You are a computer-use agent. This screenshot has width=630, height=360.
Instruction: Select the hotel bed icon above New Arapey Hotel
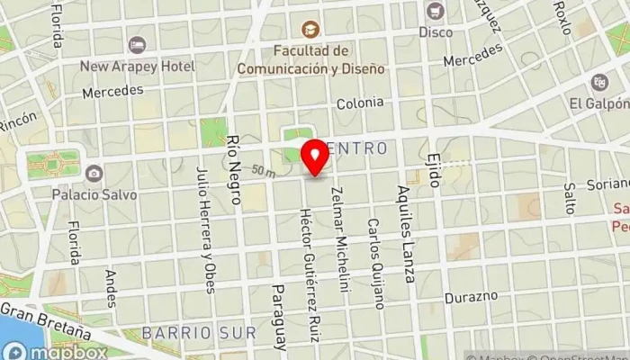point(137,44)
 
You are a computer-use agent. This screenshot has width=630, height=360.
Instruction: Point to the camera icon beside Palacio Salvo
point(94,173)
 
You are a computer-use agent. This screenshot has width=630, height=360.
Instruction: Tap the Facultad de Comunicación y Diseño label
point(310,58)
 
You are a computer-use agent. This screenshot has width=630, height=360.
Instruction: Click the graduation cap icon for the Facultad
point(310,29)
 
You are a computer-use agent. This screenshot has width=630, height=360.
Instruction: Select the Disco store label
point(436,31)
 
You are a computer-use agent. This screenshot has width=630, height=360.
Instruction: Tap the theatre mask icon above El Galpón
point(599,83)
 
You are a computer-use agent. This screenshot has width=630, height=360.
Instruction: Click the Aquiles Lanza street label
point(403,234)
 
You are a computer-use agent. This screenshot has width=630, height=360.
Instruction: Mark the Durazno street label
point(471,296)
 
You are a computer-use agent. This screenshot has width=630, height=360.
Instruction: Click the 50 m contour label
point(264,170)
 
